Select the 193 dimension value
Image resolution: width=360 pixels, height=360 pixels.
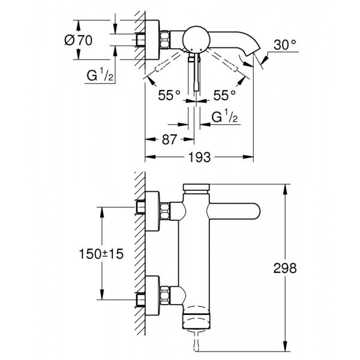[200, 157]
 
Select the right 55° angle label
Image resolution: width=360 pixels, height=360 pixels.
[224, 95]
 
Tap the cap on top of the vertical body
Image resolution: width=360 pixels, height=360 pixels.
[196, 188]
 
